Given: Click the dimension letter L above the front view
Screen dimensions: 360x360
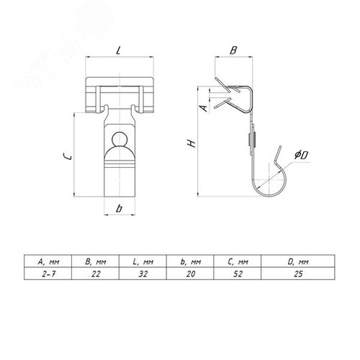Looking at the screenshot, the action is pos(118,50).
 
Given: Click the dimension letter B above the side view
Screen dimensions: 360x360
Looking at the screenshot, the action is pos(233,50).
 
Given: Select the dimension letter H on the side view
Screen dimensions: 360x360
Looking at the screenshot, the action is pos(192,143).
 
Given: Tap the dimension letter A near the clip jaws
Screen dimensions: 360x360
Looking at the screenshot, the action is pos(204,108).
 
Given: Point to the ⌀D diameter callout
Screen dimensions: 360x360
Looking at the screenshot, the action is pos(301,155).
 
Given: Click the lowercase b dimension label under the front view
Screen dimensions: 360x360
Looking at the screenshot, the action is pos(119,208).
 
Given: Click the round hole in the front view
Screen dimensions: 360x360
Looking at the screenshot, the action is pos(120,139).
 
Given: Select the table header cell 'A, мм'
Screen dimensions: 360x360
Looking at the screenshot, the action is pos(48,261).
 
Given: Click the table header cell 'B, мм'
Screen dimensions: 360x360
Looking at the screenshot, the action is pos(95,261).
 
